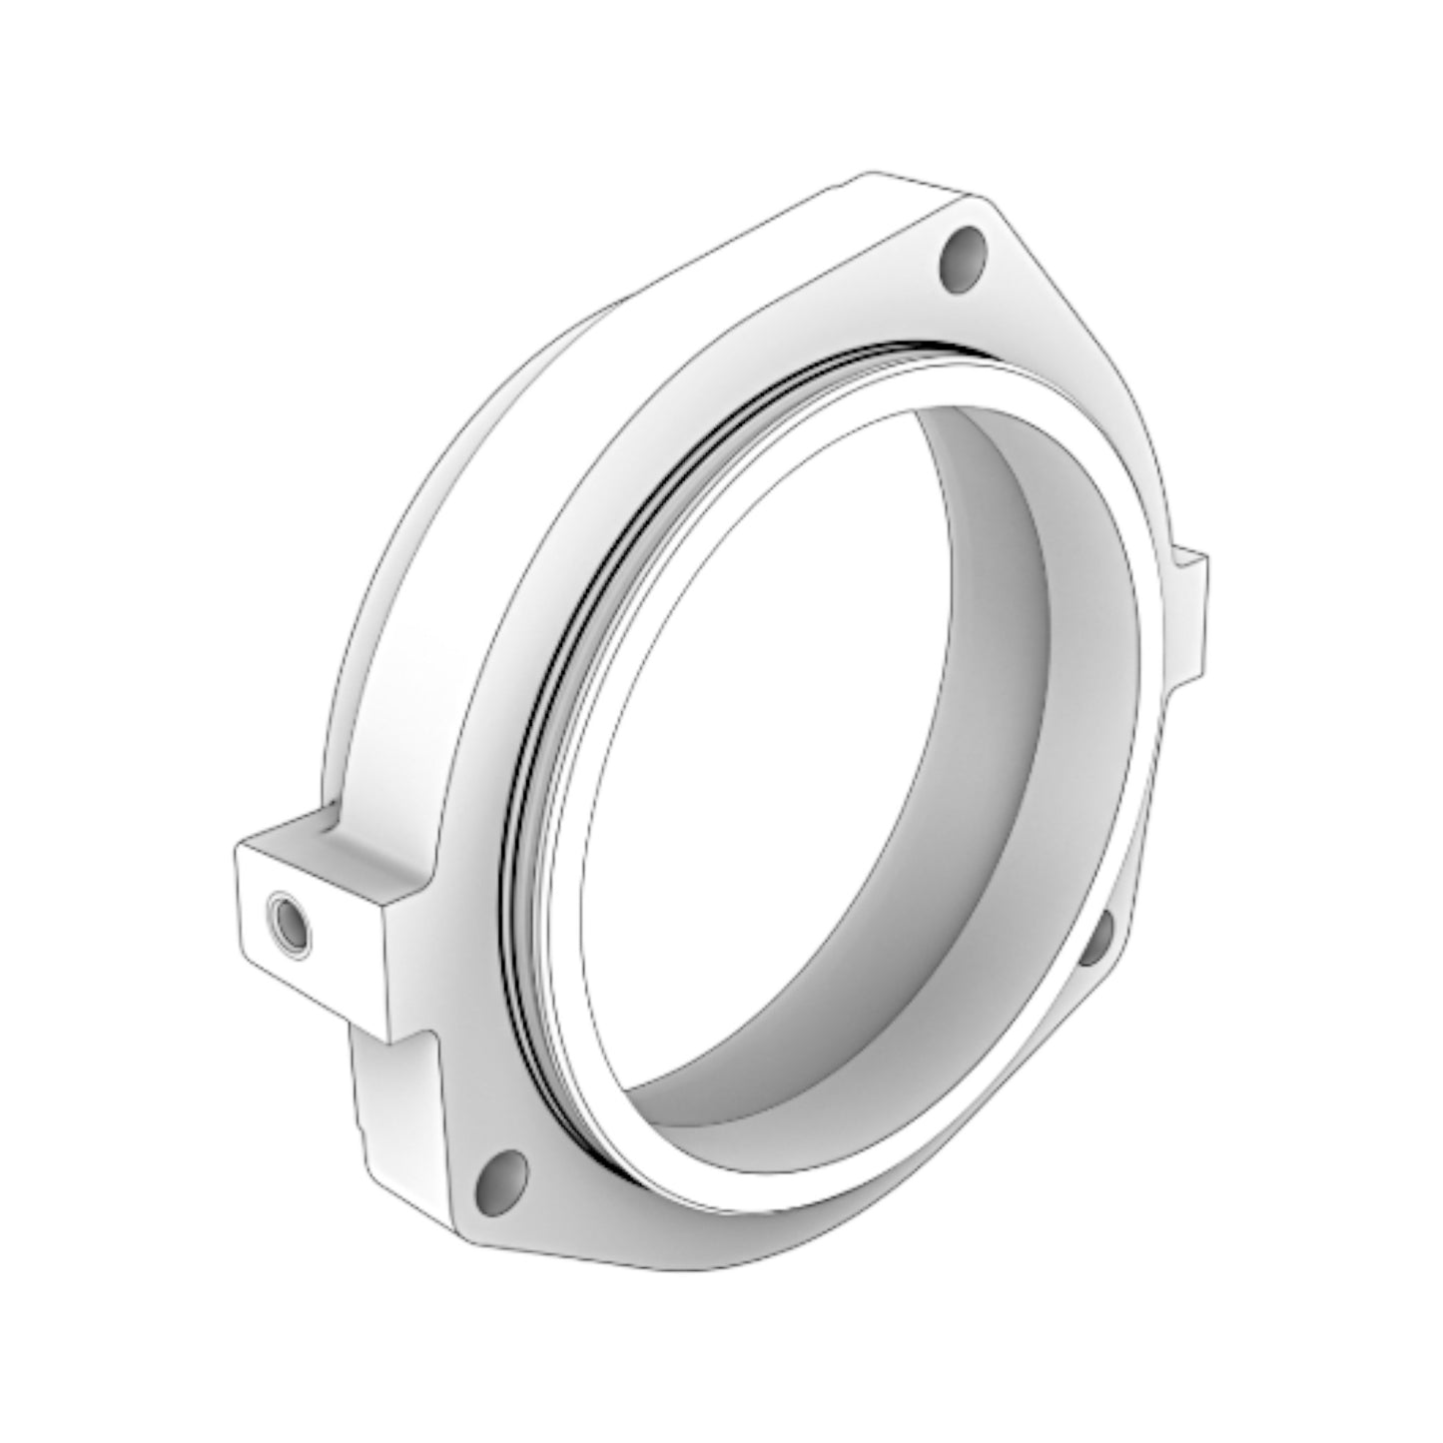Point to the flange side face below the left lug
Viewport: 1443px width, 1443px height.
coord(389,1118)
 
